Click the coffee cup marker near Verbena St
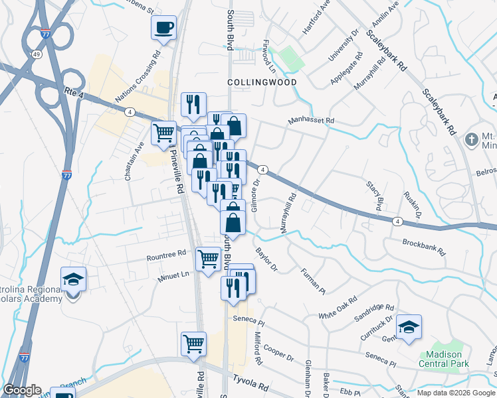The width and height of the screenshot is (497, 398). [163, 28]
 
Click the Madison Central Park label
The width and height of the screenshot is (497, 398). [444, 358]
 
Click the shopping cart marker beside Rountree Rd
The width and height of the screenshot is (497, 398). [208, 259]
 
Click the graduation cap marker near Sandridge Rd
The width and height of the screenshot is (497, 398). [409, 327]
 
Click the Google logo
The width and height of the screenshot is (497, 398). [22, 390]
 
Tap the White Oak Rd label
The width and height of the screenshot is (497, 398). [338, 306]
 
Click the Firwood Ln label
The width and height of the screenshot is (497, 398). [269, 56]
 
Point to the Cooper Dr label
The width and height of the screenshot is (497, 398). [278, 352]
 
